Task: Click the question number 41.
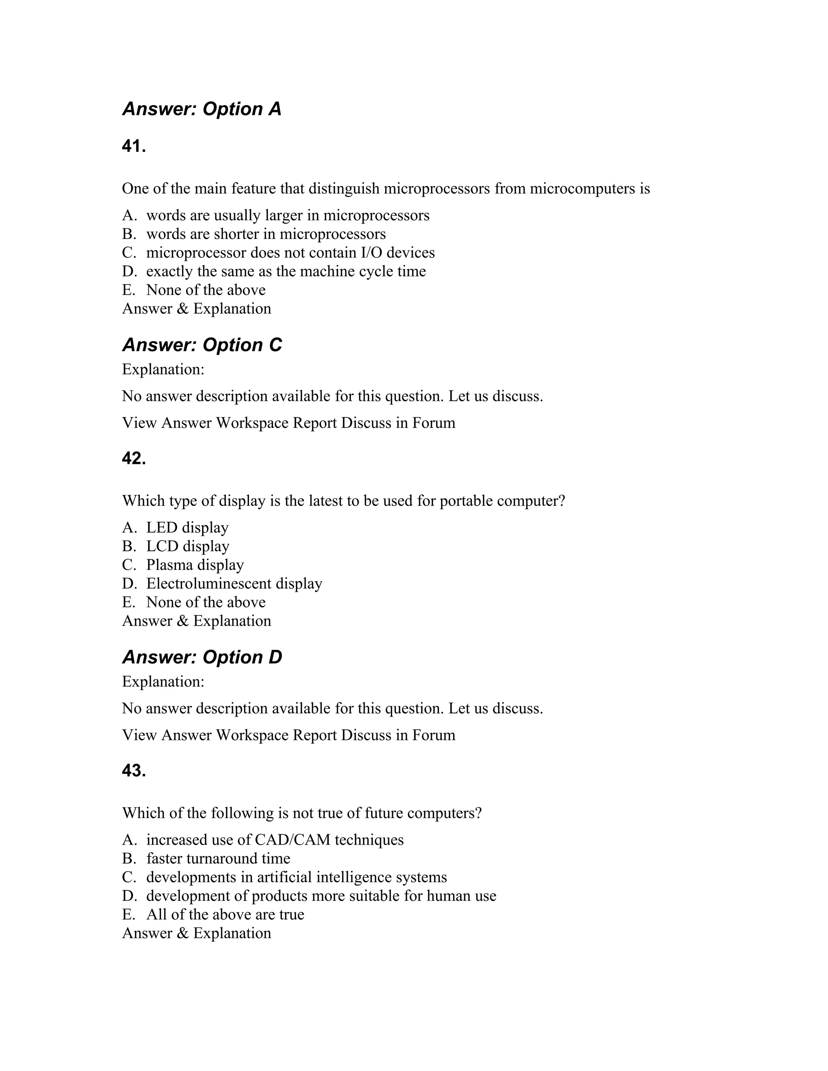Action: point(133,146)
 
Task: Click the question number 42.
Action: point(133,459)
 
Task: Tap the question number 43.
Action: point(133,770)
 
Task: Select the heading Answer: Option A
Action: point(202,109)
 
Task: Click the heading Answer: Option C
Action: point(202,345)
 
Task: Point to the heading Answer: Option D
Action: point(202,657)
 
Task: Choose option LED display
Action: point(187,528)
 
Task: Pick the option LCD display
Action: point(187,546)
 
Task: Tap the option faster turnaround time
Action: point(218,858)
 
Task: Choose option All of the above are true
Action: point(225,914)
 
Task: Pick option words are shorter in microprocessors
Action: point(265,234)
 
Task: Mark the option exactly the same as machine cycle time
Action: point(285,271)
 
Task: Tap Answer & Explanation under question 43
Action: point(196,933)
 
